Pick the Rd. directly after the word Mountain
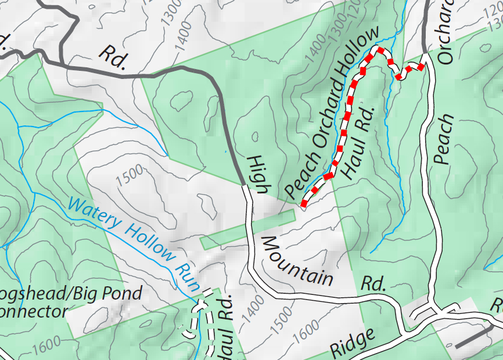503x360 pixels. [x=374, y=283]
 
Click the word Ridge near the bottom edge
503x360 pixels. [x=351, y=344]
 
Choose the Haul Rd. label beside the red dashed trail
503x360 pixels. [x=356, y=142]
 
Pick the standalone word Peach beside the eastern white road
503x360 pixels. [x=444, y=139]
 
